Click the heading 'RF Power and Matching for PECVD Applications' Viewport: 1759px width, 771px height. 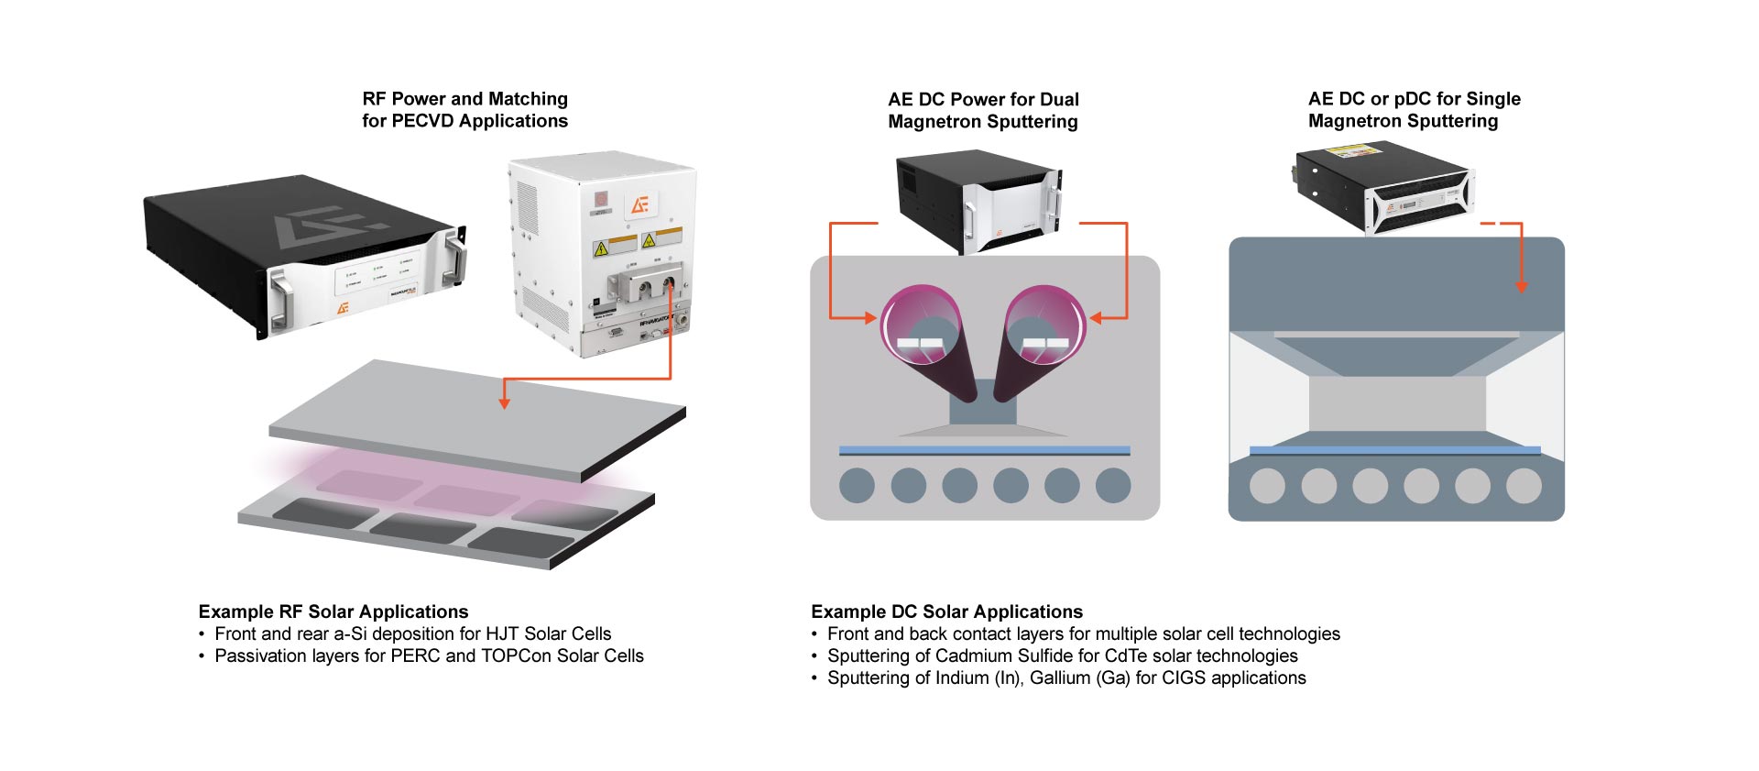[464, 110]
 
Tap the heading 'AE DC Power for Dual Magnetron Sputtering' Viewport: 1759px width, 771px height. [983, 111]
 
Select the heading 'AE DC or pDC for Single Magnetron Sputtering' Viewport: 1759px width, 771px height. [1414, 110]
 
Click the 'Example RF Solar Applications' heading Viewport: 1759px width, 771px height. [333, 611]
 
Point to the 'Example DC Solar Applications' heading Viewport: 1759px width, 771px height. [946, 611]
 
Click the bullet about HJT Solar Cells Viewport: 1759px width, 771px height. [412, 633]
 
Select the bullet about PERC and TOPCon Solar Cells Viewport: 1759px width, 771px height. [429, 655]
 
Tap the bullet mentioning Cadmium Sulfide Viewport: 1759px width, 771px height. [1062, 655]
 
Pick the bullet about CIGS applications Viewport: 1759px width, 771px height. [1066, 677]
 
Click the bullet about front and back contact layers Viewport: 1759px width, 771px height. [1083, 633]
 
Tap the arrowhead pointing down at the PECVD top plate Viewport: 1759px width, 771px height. [503, 401]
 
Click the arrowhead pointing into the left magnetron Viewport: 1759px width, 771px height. [869, 318]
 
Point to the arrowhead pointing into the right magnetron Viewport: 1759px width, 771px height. [1096, 318]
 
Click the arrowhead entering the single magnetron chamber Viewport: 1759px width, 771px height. [1522, 286]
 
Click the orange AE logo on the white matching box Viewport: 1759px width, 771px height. [639, 204]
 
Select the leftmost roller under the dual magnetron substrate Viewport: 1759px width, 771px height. [857, 485]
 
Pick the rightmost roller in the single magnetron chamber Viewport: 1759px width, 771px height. [1524, 486]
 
